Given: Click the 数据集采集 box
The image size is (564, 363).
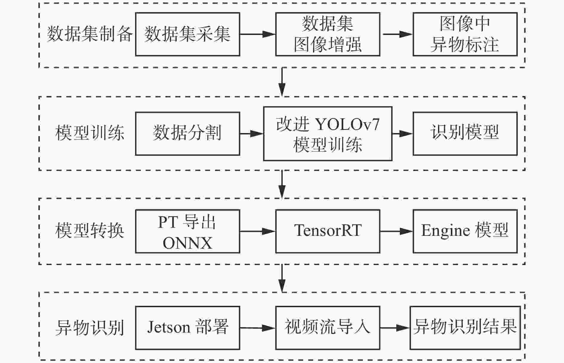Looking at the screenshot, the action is [187, 34].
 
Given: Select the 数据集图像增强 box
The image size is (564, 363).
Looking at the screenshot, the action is [327, 34].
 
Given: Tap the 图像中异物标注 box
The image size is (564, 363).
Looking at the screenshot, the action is [465, 34].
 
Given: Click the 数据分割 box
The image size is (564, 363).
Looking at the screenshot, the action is [187, 133].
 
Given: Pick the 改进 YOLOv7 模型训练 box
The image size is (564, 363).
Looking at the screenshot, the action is [327, 133].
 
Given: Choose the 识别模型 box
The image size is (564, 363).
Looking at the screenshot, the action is [465, 133].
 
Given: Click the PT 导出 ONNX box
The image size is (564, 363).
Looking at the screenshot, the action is [187, 231].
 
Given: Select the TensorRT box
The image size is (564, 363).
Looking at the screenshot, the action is [327, 231].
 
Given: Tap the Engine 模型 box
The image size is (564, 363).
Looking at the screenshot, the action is [465, 231].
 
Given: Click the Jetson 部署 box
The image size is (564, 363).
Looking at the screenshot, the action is [187, 328].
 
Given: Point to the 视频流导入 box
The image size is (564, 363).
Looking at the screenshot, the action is [327, 328].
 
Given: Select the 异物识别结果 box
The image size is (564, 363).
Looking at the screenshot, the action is [465, 328].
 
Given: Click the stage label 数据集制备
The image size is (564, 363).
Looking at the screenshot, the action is [90, 34].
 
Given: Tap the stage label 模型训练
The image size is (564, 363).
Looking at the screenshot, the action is [90, 133].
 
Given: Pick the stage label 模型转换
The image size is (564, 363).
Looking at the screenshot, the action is [90, 230].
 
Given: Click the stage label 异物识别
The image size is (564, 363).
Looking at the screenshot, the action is [90, 327].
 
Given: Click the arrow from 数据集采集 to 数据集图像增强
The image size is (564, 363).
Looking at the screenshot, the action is [258, 34].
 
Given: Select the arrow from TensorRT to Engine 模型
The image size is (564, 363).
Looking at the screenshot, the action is [396, 231].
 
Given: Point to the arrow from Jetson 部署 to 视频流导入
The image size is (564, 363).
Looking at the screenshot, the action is [258, 328].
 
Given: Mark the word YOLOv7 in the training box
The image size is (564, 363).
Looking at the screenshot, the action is [347, 124].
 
